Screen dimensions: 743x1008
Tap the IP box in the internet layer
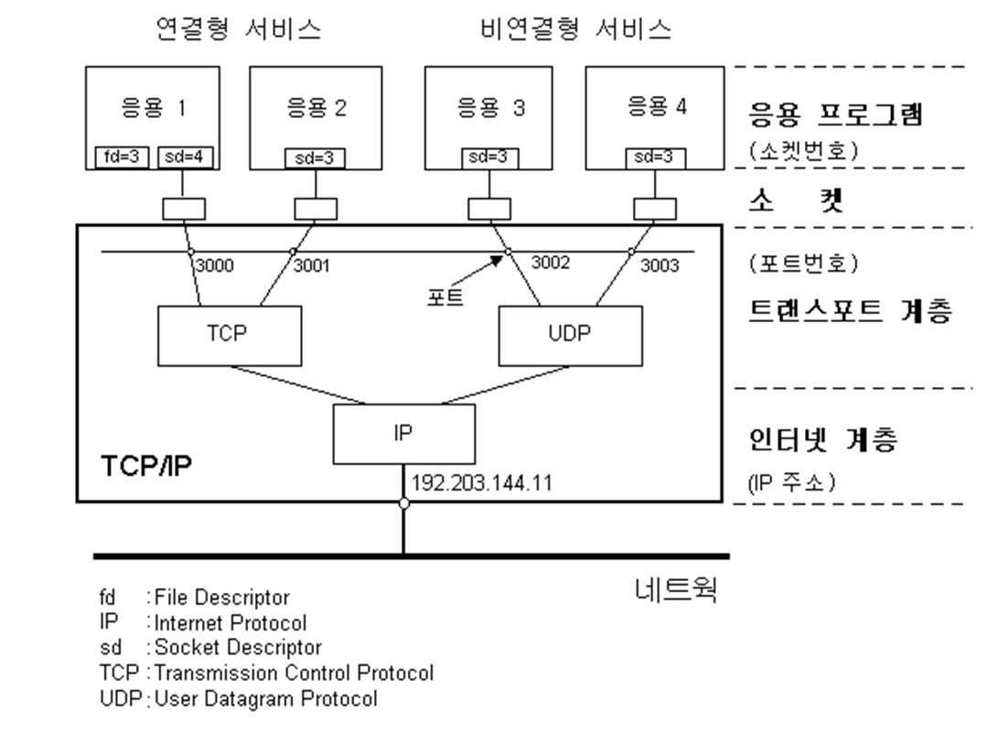click(404, 436)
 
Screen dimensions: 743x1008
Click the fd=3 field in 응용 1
click(116, 157)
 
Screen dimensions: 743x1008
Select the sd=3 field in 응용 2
click(315, 158)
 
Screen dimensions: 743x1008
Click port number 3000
click(215, 266)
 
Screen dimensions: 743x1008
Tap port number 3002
click(551, 264)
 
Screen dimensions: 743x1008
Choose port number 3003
click(659, 266)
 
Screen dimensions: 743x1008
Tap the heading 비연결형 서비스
click(576, 30)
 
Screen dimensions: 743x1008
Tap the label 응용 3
click(491, 109)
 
